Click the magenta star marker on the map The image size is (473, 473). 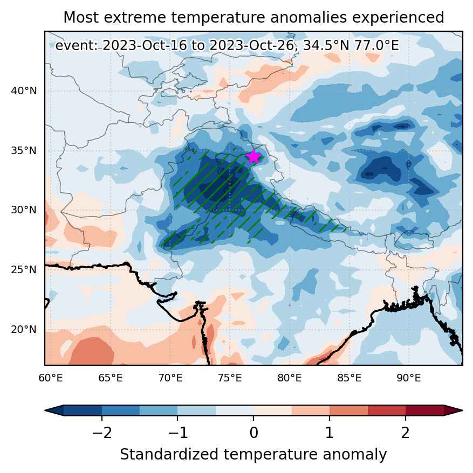(253, 157)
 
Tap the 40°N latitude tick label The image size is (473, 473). (24, 91)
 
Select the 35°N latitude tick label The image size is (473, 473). (24, 150)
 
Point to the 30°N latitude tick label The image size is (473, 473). (24, 210)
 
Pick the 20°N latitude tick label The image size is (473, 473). (24, 329)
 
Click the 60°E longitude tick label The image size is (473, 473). (51, 378)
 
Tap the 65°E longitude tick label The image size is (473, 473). (111, 378)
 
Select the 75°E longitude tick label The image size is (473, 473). (230, 378)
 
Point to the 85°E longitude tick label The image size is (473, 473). (349, 378)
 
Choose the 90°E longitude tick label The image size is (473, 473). (409, 378)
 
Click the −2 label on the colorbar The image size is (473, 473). (102, 433)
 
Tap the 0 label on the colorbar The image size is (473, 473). (253, 433)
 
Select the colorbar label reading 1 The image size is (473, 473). (330, 433)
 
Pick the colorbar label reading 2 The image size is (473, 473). (406, 433)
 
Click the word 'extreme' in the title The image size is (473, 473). (135, 17)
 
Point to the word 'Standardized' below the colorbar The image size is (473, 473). (169, 454)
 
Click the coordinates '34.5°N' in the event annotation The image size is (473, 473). (326, 46)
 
